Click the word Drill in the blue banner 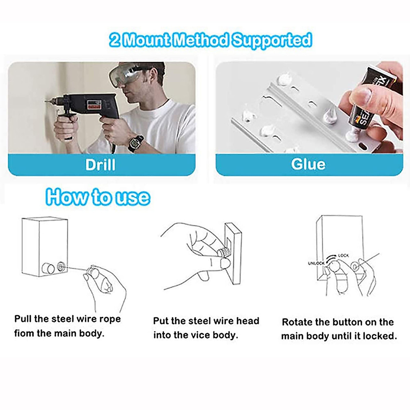pos(100,165)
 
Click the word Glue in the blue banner pos(308,164)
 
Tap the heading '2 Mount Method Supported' pos(210,40)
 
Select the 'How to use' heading pos(98,197)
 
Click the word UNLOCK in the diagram pos(316,263)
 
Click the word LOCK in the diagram pos(343,256)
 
